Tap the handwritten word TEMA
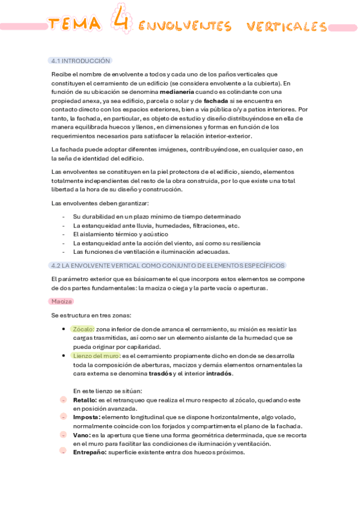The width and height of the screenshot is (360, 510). pos(75,24)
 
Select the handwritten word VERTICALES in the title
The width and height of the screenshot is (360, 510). pos(287,27)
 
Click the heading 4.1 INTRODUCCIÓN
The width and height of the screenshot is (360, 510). pos(81,61)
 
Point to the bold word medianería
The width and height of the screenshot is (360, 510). pos(177,92)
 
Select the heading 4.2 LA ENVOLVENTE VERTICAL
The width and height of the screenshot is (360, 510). pos(168,265)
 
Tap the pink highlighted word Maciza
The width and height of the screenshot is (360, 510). pos(62,301)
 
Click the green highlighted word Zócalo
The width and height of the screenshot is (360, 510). pos(83,329)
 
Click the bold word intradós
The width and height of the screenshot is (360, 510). pos(219,373)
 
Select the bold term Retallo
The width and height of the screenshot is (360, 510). pos(85,400)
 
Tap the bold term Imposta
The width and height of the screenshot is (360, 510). pos(86,417)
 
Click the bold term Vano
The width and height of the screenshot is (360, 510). pos(82,435)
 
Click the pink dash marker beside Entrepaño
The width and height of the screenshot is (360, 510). pos(63,451)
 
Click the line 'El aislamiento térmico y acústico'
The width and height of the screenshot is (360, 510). pos(120,234)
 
